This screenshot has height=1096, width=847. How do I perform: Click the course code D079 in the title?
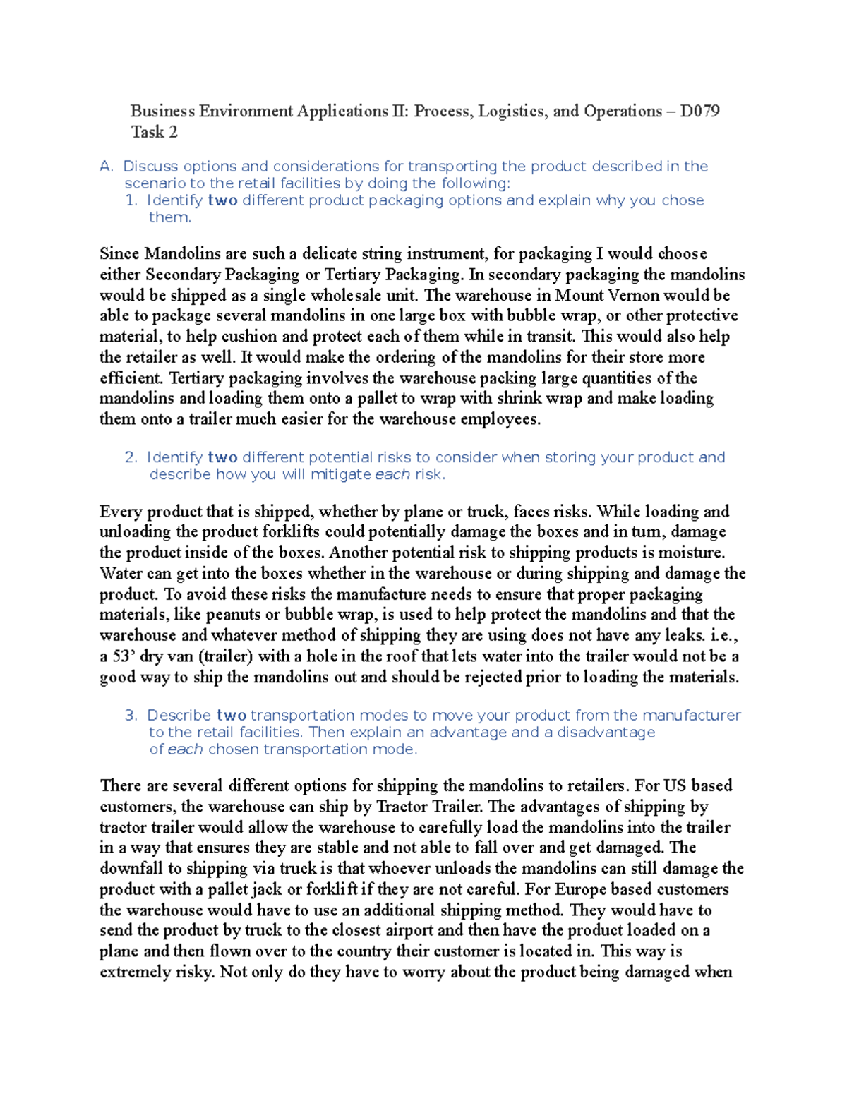click(x=699, y=112)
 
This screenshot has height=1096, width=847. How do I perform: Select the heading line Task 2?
click(x=154, y=132)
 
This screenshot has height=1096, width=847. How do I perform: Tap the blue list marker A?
click(x=107, y=167)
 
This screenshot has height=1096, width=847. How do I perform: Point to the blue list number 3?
click(x=131, y=715)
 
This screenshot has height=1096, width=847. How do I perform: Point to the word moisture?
click(x=695, y=553)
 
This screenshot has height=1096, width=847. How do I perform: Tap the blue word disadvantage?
click(x=606, y=732)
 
